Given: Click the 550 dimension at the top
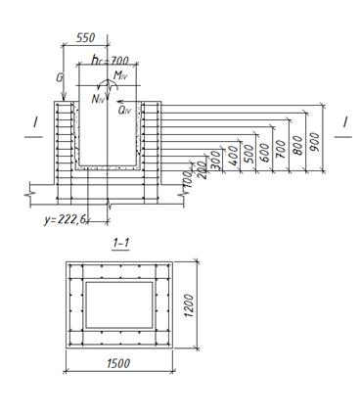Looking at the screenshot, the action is pos(85,37).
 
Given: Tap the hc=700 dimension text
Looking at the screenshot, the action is pos(111,61).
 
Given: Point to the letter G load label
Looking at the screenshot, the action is pos(60,78).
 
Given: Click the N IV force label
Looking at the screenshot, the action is pos(98,99).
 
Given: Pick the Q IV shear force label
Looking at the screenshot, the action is pos(125,111).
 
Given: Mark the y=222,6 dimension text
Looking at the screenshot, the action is pos(65,220).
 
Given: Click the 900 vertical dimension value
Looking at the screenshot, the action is pos(315,142).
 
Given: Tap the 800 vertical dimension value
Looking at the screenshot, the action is pos(298,145).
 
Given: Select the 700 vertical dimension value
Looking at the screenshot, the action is pos(281,149).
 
